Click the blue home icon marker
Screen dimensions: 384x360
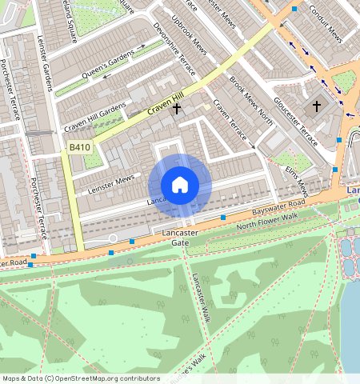point(180,185)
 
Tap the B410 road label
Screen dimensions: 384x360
point(78,148)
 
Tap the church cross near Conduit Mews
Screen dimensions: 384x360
point(316,106)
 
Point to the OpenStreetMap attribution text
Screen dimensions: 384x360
point(80,378)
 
